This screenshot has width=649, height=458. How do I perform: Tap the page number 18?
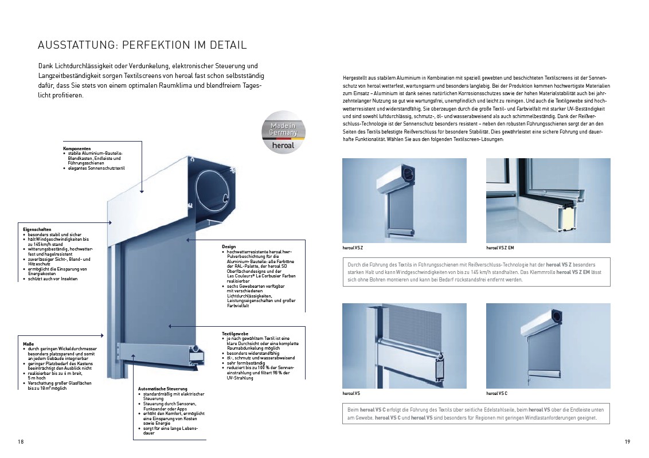(21, 441)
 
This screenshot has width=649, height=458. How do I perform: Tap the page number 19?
(627, 441)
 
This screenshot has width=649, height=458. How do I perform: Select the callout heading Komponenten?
(77, 148)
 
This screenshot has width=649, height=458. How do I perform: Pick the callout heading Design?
(229, 246)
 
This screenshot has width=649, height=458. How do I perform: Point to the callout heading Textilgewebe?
(235, 333)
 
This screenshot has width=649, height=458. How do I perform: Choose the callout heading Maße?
(29, 343)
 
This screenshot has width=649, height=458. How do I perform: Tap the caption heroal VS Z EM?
(500, 248)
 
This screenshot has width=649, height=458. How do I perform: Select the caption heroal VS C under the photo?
(496, 394)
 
